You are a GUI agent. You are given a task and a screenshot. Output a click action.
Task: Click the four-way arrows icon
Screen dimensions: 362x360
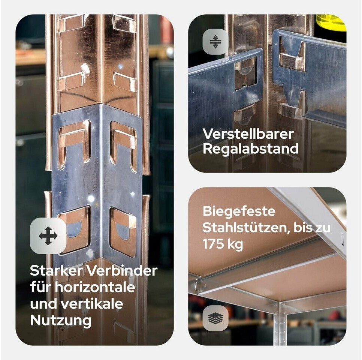coord(48,235)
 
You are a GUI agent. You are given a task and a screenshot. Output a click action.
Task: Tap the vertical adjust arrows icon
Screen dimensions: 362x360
coord(215,42)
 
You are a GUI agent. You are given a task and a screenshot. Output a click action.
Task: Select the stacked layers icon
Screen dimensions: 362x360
coord(215,318)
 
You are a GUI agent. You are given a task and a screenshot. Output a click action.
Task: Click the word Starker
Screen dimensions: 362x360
coord(56,270)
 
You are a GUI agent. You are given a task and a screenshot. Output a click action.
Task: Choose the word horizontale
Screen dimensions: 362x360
coord(95,287)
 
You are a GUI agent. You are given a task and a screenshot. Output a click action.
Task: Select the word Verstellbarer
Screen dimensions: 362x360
coord(248,134)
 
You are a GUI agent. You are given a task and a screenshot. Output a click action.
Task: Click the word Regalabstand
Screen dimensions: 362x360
coord(251,149)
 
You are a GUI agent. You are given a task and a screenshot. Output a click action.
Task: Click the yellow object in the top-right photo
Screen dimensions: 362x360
coord(331,22)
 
